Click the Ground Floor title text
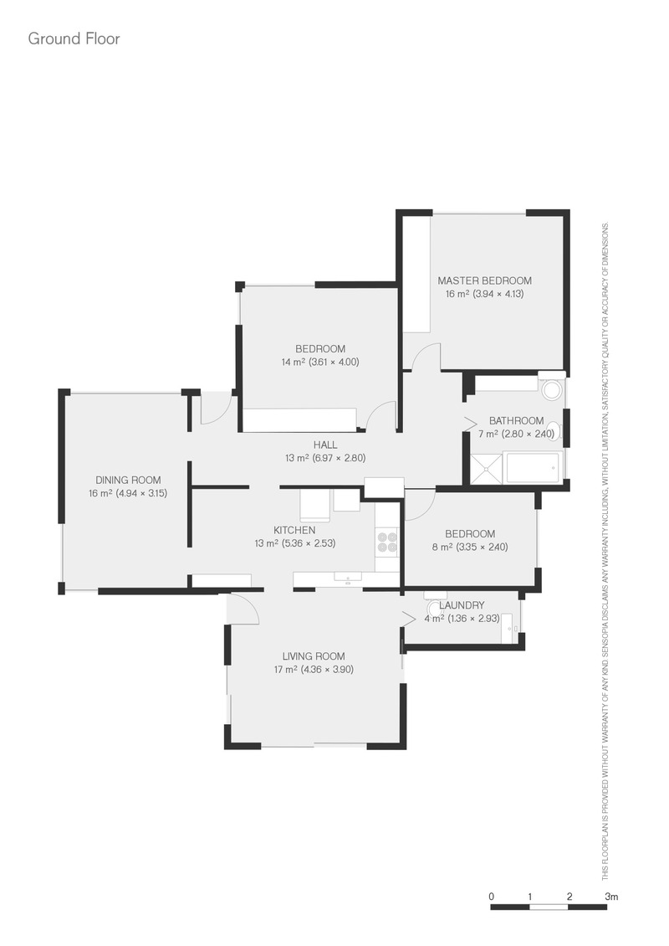[x=74, y=39]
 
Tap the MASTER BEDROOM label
[x=484, y=280]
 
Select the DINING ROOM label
[x=128, y=481]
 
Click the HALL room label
[x=325, y=445]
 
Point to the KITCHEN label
[x=294, y=530]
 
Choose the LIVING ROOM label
[x=314, y=656]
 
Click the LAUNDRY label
[x=462, y=605]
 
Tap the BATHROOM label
[x=517, y=420]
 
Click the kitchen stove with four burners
[x=387, y=541]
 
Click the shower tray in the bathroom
[x=485, y=469]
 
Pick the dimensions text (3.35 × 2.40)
[x=483, y=548]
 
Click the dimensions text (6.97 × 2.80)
[x=340, y=458]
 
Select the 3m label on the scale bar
[x=611, y=897]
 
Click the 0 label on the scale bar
[x=491, y=897]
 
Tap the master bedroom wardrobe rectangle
[x=416, y=275]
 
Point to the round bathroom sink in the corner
[x=551, y=390]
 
